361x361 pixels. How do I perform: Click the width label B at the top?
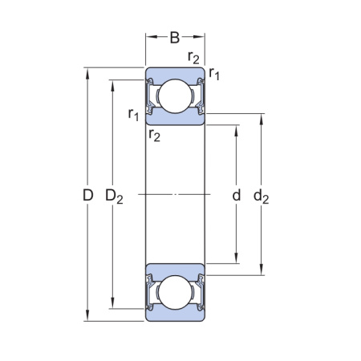175,37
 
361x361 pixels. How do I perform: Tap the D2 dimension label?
114,196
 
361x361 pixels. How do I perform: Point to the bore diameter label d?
237,195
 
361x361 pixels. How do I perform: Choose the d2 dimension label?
262,195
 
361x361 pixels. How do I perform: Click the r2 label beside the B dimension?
193,56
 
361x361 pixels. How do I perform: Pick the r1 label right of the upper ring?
214,74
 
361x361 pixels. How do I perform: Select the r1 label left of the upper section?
134,115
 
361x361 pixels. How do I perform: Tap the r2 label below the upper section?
154,135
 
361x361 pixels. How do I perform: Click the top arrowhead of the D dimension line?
87,71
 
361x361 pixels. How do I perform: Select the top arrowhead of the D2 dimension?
113,84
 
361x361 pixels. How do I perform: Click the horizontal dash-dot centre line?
174,194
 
